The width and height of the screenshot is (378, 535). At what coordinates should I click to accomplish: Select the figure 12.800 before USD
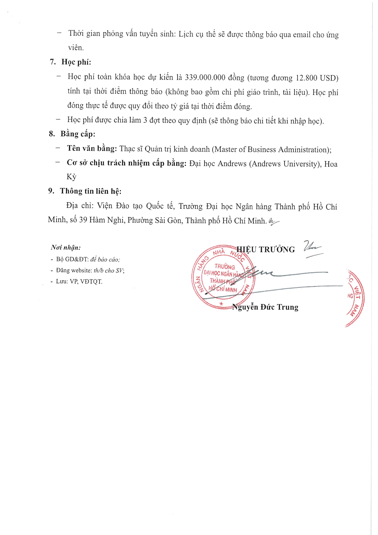click(x=306, y=78)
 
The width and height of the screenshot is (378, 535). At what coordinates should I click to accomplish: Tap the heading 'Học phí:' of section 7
click(x=76, y=62)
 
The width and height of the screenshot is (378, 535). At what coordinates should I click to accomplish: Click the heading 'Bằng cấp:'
click(x=78, y=134)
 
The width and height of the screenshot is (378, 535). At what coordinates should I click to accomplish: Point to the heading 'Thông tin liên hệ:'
click(x=90, y=191)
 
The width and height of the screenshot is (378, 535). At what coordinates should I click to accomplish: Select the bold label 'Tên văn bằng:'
click(x=92, y=149)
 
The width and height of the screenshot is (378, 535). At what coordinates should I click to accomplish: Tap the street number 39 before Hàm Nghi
click(x=83, y=220)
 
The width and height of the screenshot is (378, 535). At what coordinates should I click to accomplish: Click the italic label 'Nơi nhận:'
click(x=66, y=248)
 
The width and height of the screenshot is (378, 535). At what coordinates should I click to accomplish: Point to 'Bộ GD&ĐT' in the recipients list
click(x=72, y=259)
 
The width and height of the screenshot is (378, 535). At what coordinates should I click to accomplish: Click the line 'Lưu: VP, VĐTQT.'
click(x=79, y=281)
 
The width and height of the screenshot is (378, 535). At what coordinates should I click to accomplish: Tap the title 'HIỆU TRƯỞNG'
click(x=266, y=250)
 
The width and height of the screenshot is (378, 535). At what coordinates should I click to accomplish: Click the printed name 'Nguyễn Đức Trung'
click(x=265, y=307)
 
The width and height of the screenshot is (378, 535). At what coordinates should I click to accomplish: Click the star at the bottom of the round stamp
click(x=222, y=304)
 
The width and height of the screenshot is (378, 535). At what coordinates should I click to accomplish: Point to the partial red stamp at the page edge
click(x=355, y=298)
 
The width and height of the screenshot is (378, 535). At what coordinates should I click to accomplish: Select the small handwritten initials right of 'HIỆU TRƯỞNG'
click(x=313, y=249)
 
